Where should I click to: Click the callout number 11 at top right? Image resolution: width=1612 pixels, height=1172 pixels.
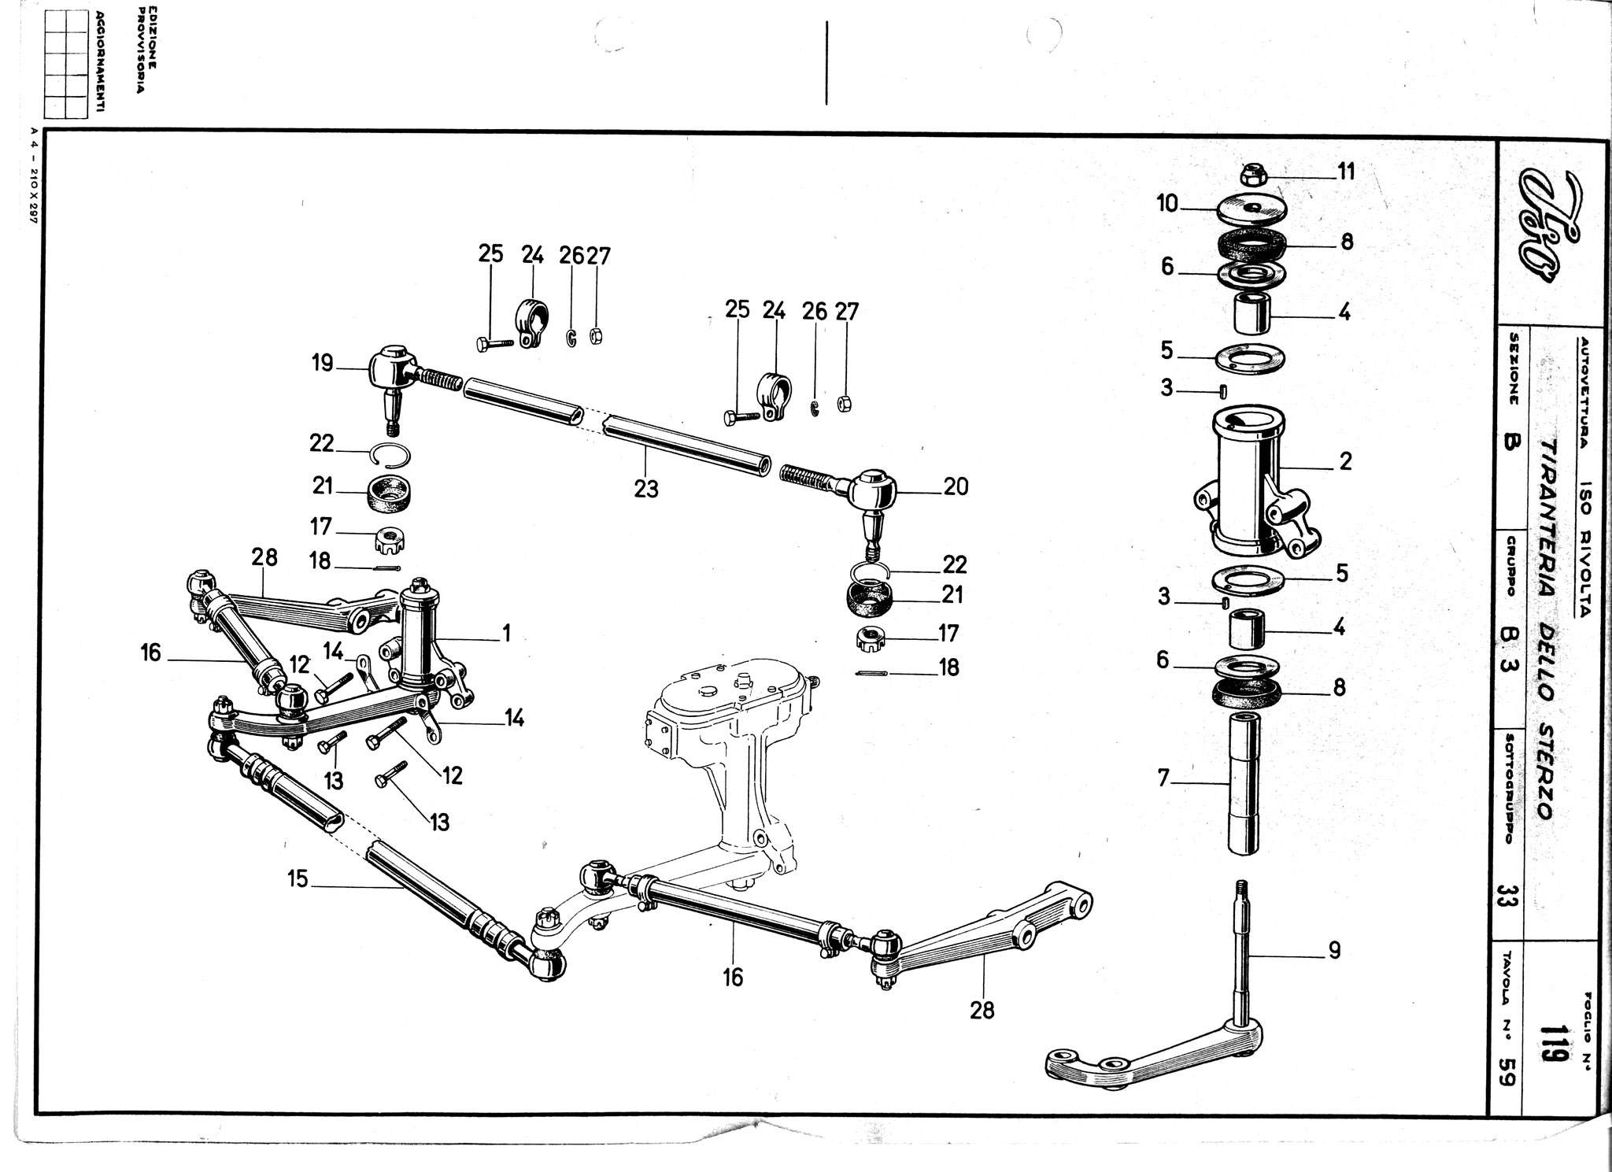(x=1347, y=171)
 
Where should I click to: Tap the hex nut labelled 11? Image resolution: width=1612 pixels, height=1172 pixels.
(x=1253, y=172)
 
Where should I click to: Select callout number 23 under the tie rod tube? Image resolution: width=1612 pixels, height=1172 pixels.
(x=645, y=489)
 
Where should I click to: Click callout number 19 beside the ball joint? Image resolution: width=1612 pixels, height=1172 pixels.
(x=322, y=363)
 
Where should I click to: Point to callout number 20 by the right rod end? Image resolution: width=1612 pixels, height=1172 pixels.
(x=956, y=487)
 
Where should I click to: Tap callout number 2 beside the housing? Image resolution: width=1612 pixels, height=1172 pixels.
(x=1345, y=460)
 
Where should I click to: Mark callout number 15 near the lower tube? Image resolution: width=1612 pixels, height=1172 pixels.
(x=297, y=878)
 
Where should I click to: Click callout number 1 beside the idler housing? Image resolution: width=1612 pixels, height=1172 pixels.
(x=507, y=632)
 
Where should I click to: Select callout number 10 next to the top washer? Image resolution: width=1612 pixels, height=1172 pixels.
(x=1166, y=205)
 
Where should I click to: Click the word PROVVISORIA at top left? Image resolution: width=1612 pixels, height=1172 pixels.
(x=141, y=57)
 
